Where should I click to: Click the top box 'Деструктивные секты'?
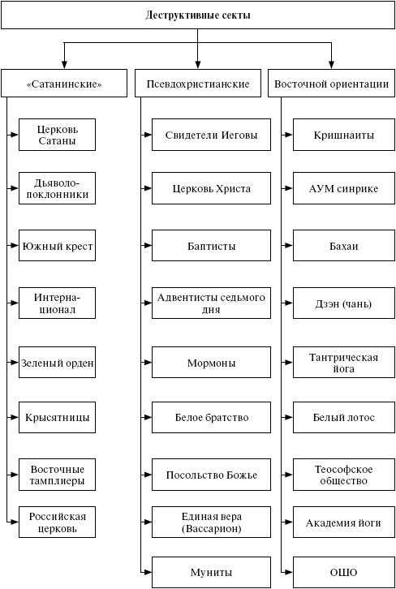[x=198, y=15]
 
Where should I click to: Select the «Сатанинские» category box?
[x=64, y=83]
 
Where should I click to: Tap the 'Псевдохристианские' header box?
[x=198, y=83]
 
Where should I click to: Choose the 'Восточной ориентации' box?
[x=331, y=83]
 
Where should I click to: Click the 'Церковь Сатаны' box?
[x=57, y=135]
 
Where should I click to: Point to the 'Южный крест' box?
[x=57, y=246]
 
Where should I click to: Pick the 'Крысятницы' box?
[x=57, y=417]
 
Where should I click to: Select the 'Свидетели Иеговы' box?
[x=211, y=135]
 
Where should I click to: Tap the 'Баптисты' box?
[x=211, y=246]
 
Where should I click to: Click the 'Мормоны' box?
[x=211, y=363]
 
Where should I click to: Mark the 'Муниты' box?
[x=211, y=573]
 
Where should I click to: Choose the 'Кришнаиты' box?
[x=344, y=135]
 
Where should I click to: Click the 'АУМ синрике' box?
[x=344, y=188]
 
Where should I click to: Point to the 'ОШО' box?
[x=344, y=573]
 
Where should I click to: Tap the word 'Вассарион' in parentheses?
[x=211, y=528]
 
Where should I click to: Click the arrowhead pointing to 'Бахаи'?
[x=289, y=246]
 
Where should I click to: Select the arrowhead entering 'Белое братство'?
[x=147, y=417]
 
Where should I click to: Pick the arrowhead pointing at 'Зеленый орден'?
[x=15, y=363]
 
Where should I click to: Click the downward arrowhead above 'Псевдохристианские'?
[x=198, y=64]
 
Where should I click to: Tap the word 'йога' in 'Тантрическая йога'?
[x=344, y=368]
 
